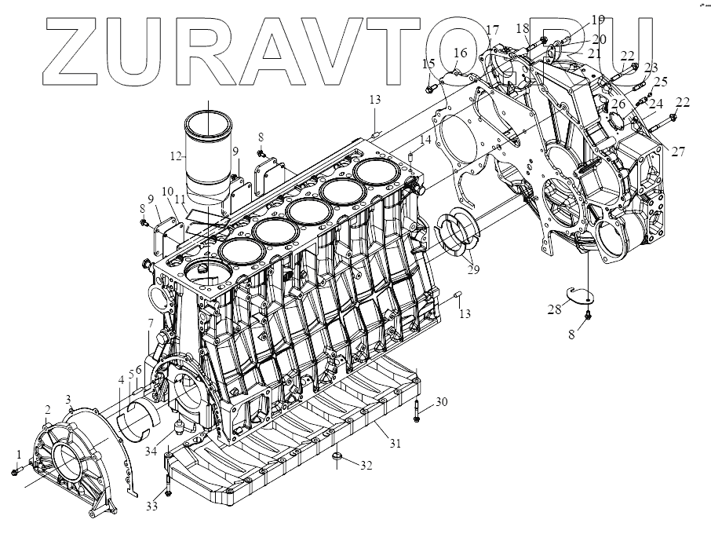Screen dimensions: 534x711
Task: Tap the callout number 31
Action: click(395, 444)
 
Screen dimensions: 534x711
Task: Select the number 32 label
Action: click(366, 465)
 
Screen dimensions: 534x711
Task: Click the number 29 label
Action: click(472, 269)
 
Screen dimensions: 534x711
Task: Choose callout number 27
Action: click(679, 152)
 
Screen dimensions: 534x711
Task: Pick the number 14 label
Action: click(425, 140)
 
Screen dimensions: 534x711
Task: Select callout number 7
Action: click(149, 324)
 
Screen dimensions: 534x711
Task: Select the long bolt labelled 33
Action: click(167, 478)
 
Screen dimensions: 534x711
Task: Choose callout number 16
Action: click(461, 53)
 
